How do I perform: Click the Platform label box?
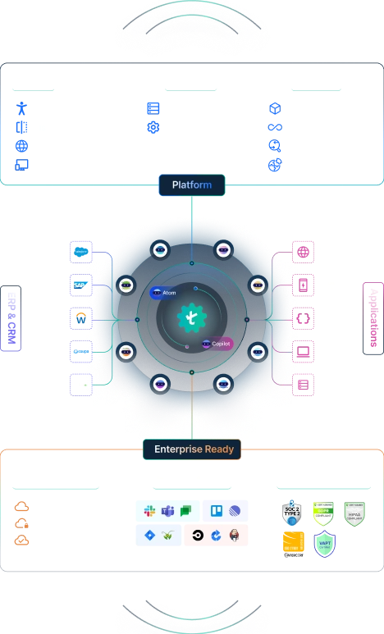(191, 185)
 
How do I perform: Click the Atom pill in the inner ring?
(164, 292)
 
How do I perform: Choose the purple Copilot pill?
(217, 344)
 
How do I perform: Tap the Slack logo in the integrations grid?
(150, 511)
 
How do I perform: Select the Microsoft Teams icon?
(168, 511)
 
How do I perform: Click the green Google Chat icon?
(186, 511)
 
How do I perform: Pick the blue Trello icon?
(217, 511)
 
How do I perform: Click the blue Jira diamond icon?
(150, 536)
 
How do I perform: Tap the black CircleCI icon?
(197, 536)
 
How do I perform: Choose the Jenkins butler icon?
(235, 536)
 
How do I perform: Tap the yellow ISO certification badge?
(295, 543)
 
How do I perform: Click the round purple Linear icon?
(235, 511)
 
